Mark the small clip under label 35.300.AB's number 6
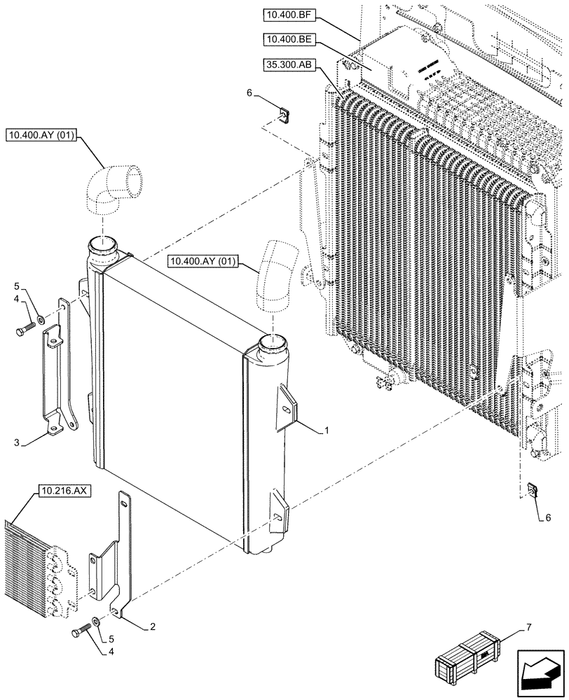point(284,113)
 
